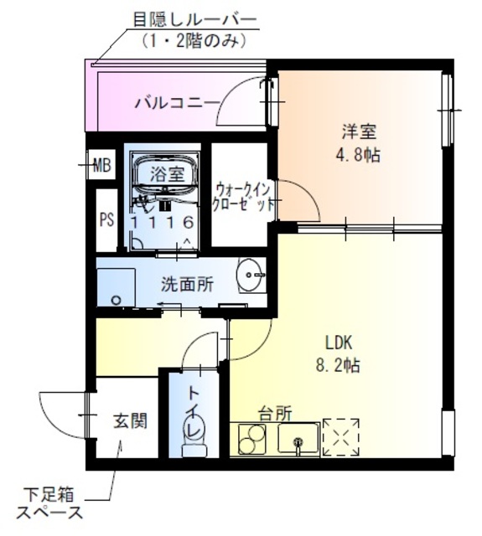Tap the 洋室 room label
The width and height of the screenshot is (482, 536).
click(x=358, y=131)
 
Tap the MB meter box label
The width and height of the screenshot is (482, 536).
click(x=102, y=165)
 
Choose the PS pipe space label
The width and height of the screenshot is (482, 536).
click(x=106, y=220)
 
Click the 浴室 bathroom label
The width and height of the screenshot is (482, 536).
click(x=167, y=174)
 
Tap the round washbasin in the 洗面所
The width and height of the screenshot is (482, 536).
click(x=250, y=272)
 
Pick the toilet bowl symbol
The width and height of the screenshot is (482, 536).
click(x=194, y=441)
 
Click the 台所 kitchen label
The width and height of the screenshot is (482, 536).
click(x=275, y=413)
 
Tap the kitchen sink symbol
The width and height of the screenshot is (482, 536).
click(x=298, y=438)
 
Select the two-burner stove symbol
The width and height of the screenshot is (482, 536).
click(x=251, y=438)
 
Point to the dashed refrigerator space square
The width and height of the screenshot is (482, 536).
click(x=340, y=436)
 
